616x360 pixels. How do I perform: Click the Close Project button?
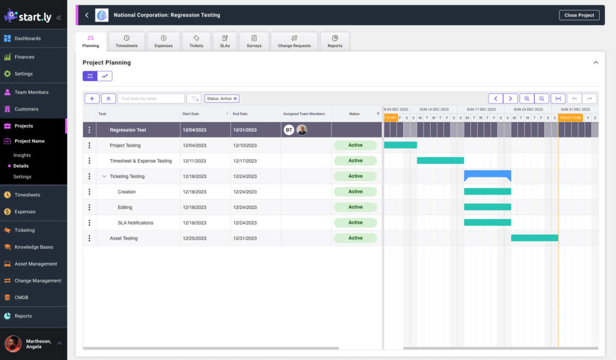point(579,15)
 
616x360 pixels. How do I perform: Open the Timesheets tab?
point(126,42)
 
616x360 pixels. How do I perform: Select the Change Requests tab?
point(294,42)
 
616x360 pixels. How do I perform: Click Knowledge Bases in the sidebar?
point(34,247)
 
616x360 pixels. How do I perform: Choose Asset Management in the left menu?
point(35,264)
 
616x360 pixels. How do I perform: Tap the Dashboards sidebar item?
point(28,39)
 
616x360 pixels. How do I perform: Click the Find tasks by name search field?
point(151,99)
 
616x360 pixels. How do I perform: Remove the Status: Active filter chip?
point(235,99)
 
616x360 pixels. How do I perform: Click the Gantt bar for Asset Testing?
point(534,238)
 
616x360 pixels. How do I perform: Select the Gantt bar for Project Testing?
point(400,145)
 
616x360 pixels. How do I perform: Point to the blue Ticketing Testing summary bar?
point(487,175)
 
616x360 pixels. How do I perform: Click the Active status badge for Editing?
point(355,207)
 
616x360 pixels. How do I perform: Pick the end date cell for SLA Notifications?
point(244,223)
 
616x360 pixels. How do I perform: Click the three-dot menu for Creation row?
point(90,191)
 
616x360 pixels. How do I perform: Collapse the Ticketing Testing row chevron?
point(104,176)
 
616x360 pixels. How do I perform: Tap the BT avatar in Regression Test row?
point(289,130)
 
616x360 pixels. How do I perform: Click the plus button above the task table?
point(91,99)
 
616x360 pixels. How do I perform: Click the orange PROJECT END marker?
point(570,117)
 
